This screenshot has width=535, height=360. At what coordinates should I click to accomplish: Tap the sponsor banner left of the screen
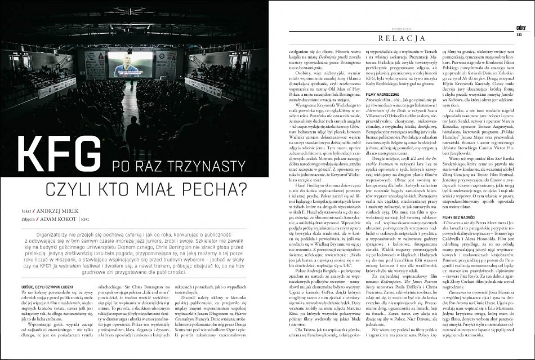[95, 65]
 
